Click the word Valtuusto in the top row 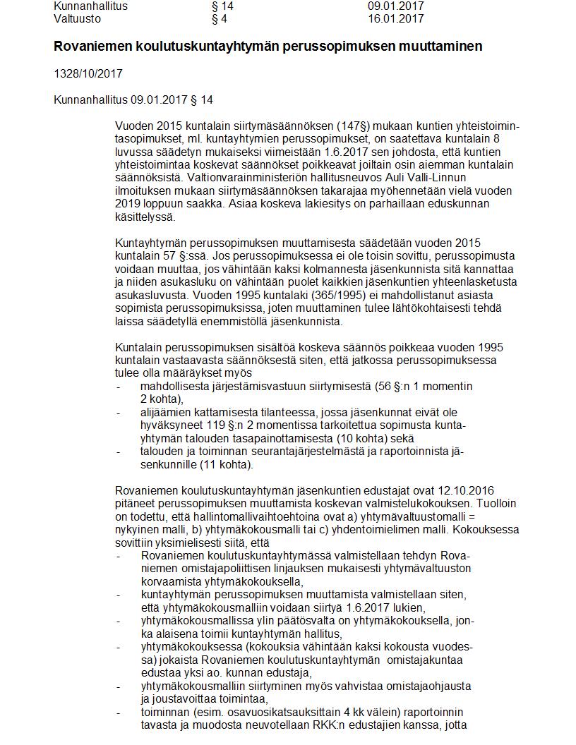pos(77,19)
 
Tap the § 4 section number pos(219,19)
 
